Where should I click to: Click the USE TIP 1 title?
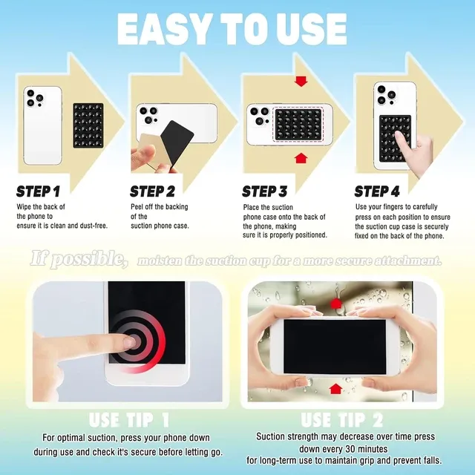[129, 420]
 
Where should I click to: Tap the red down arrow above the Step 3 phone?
[300, 80]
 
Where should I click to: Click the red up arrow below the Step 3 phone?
[300, 157]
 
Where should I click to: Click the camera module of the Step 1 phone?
[34, 97]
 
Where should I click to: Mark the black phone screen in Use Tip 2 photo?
[334, 345]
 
